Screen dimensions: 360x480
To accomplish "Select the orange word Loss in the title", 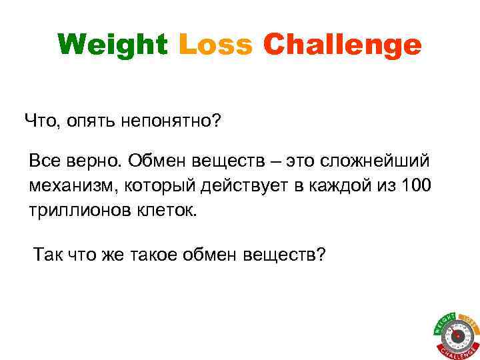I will click(x=215, y=45).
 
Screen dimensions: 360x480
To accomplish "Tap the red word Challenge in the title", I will click(x=342, y=46).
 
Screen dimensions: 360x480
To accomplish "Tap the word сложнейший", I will click(x=375, y=161).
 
